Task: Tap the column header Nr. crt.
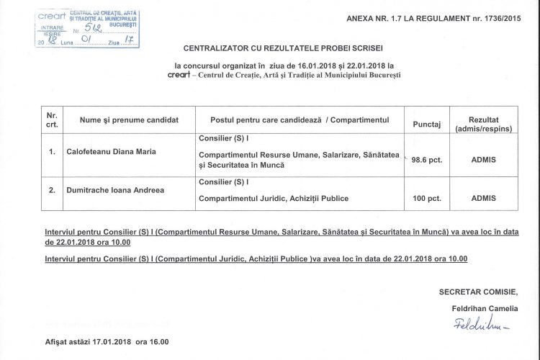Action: (52, 120)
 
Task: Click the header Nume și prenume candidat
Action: (129, 120)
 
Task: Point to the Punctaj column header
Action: (426, 125)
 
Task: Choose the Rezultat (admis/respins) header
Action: (483, 124)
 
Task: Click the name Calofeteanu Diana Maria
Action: (112, 152)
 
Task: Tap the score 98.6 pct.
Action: (426, 160)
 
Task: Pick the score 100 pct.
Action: (426, 197)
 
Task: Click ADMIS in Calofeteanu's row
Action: (483, 160)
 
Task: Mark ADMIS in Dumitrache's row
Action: (483, 197)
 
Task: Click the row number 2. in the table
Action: (52, 190)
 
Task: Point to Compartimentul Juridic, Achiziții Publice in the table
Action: (274, 198)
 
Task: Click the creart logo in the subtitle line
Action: (178, 74)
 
